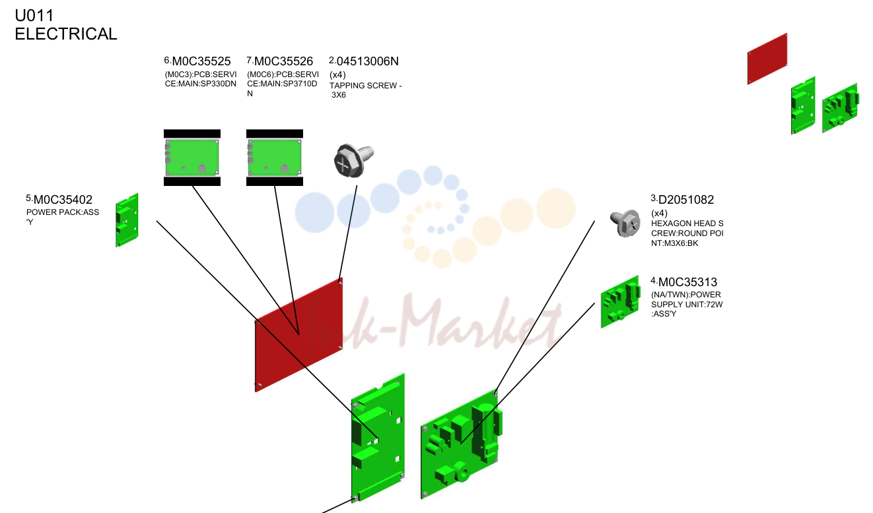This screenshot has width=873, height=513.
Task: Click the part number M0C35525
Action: point(201,61)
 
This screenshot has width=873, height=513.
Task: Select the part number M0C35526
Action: point(284,61)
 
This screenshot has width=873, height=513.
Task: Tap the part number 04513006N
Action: point(368,61)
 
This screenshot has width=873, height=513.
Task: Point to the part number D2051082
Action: point(686,200)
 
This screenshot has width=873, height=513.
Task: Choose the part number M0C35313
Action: point(687,282)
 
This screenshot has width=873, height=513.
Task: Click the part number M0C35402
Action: point(63,200)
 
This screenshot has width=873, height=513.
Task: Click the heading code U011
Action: point(34,16)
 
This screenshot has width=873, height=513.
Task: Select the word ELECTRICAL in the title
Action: point(66,34)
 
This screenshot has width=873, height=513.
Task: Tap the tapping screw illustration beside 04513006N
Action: point(353,160)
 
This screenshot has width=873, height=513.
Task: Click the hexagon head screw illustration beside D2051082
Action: point(625,223)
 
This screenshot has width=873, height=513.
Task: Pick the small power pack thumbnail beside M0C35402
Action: point(127,220)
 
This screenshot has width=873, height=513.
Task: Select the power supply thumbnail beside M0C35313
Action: point(621,302)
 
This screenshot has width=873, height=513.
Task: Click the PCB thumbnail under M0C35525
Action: point(192,158)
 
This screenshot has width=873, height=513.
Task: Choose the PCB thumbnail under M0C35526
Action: point(275,158)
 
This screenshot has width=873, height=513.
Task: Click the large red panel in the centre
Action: point(299,335)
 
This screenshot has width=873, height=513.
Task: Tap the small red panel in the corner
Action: point(767,59)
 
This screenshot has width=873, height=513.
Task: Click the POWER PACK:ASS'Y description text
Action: point(63,217)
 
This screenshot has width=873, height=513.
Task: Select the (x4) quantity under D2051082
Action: point(659,213)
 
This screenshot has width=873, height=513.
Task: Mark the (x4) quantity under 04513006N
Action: point(337,75)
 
